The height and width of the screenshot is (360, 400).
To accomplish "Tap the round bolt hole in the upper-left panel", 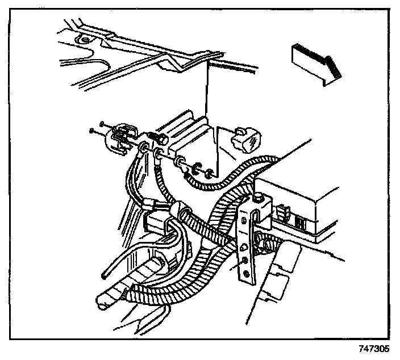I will tap(84, 41).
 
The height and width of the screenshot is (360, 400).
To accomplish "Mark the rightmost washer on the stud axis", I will tap(209, 171).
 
